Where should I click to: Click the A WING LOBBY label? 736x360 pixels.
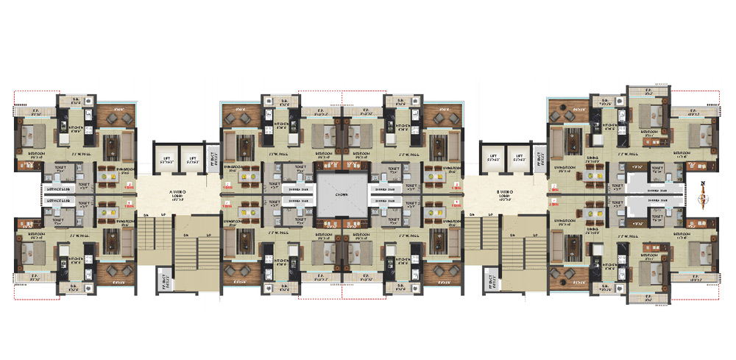tap(177, 193)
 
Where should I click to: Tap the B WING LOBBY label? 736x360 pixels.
tap(505, 193)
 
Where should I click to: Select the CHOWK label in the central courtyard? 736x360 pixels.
tap(341, 195)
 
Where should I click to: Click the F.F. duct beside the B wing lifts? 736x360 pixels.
tap(539, 158)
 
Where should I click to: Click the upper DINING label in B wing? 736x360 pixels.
tap(591, 160)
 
